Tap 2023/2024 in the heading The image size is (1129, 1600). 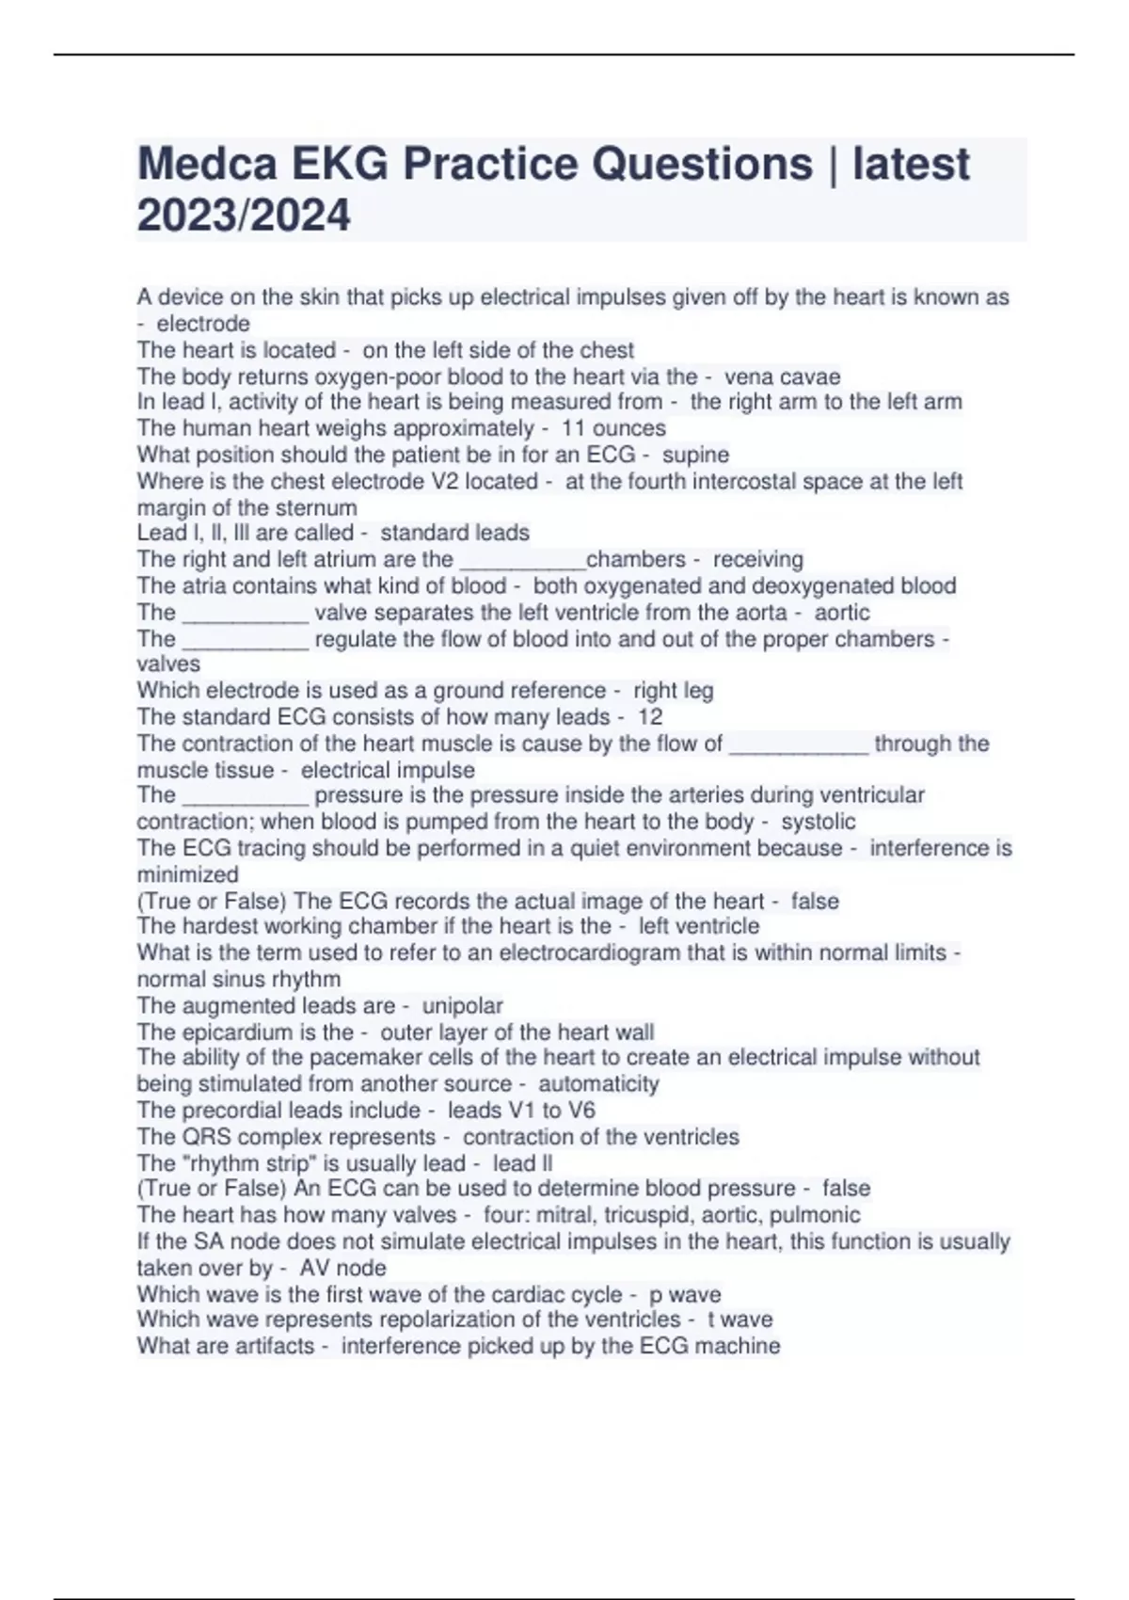(x=244, y=216)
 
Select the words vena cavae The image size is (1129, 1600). (x=782, y=376)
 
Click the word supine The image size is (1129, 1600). (x=695, y=455)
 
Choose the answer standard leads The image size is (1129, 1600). (x=454, y=533)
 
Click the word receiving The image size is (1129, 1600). (x=757, y=559)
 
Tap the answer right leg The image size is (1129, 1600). (x=673, y=690)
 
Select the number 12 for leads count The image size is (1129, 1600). (x=650, y=716)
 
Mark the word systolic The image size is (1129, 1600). (x=818, y=822)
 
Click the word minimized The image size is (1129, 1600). (x=187, y=874)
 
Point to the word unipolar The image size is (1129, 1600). (x=462, y=1005)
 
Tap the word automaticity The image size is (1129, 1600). (x=598, y=1083)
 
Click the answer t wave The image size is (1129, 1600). (x=739, y=1320)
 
